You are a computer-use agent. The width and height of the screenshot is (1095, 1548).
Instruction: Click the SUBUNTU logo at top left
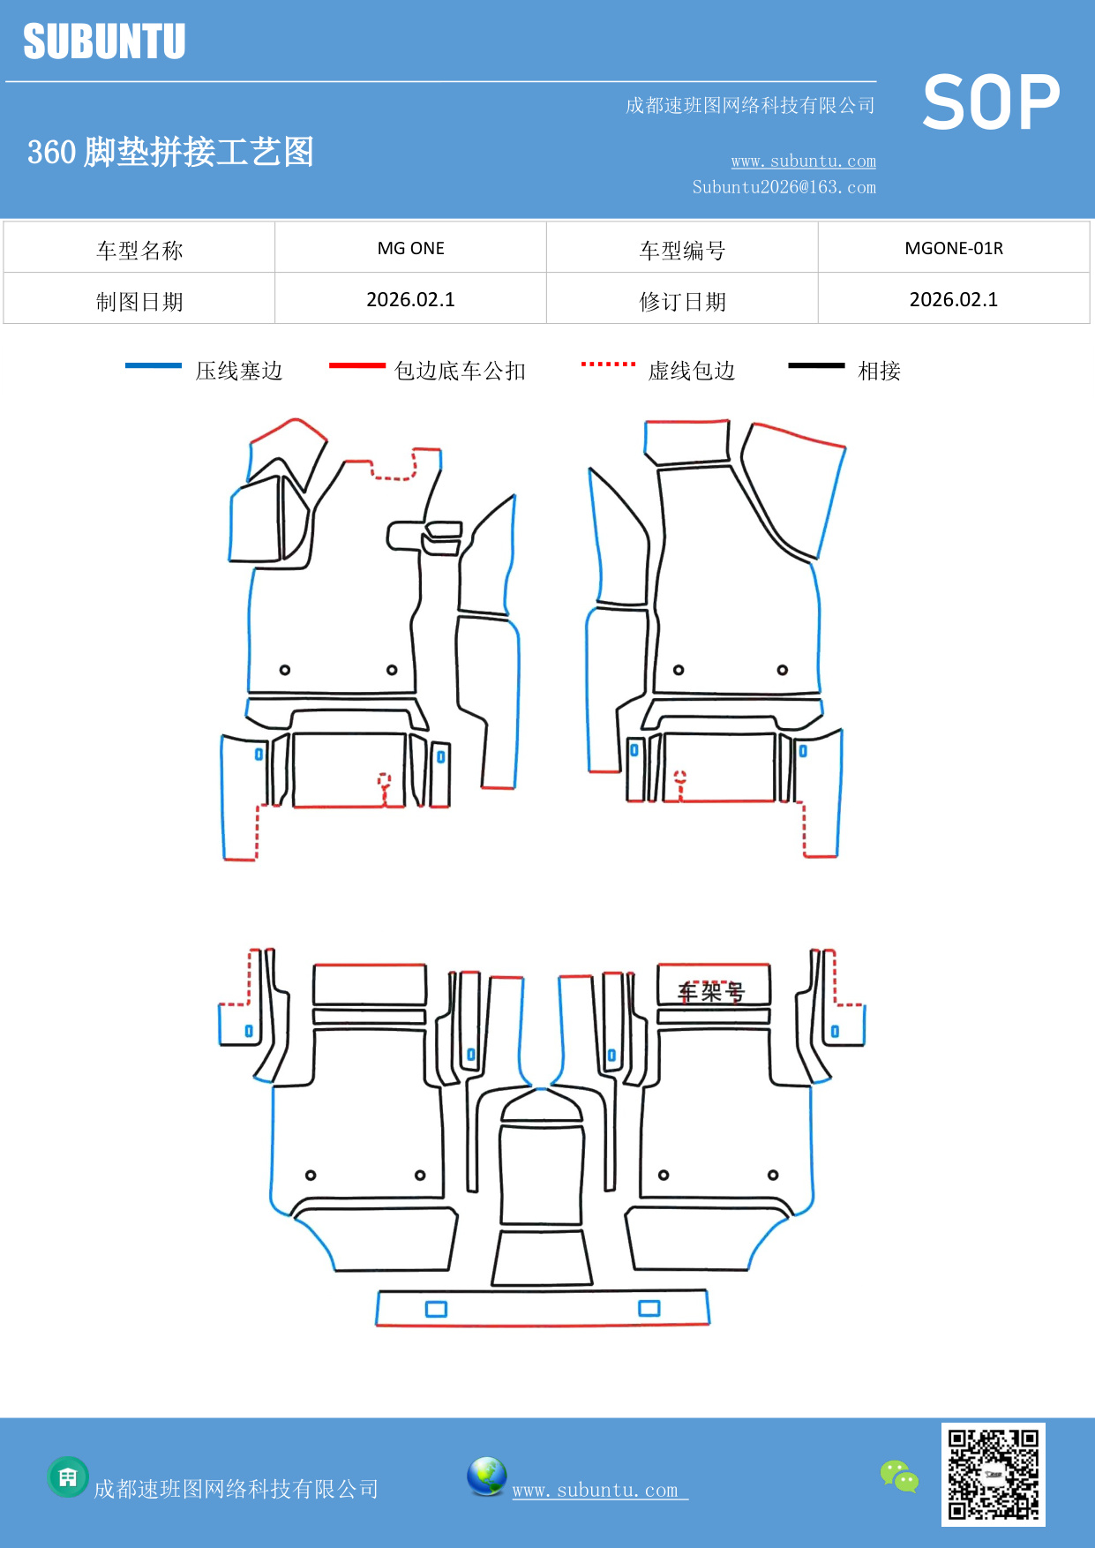(x=104, y=41)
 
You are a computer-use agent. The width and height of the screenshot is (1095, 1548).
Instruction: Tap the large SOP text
(x=991, y=102)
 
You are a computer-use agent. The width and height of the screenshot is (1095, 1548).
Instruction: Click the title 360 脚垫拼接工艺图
(x=170, y=152)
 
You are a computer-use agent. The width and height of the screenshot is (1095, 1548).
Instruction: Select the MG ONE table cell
(x=410, y=248)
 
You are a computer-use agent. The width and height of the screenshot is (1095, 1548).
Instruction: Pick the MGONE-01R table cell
(x=954, y=248)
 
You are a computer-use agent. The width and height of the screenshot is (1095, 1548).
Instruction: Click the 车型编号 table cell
(x=682, y=250)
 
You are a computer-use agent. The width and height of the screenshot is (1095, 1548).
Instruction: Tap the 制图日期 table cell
(x=139, y=301)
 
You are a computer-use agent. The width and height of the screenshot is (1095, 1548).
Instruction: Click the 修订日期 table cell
(x=682, y=301)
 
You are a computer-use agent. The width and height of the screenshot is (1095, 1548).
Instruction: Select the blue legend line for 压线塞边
(x=154, y=365)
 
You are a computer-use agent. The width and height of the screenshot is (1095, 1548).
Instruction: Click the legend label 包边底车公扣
(x=460, y=371)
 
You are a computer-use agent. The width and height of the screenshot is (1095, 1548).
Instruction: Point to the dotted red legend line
(x=608, y=364)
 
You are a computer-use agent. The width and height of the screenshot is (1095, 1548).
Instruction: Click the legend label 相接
(x=879, y=371)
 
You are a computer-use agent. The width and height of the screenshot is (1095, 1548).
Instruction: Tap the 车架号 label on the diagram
(x=711, y=992)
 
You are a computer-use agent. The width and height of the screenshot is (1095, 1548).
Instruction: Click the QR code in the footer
(x=993, y=1475)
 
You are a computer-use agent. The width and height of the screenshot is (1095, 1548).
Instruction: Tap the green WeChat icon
(x=899, y=1477)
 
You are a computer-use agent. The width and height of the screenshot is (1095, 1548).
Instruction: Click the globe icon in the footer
(x=486, y=1477)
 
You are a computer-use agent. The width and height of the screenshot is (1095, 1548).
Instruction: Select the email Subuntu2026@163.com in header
(x=784, y=187)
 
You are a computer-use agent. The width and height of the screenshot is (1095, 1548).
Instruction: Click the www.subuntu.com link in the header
(x=803, y=161)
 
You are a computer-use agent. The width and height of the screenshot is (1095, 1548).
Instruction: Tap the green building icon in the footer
(x=68, y=1477)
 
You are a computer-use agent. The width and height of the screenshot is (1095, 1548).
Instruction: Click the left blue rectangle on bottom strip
(x=436, y=1309)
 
